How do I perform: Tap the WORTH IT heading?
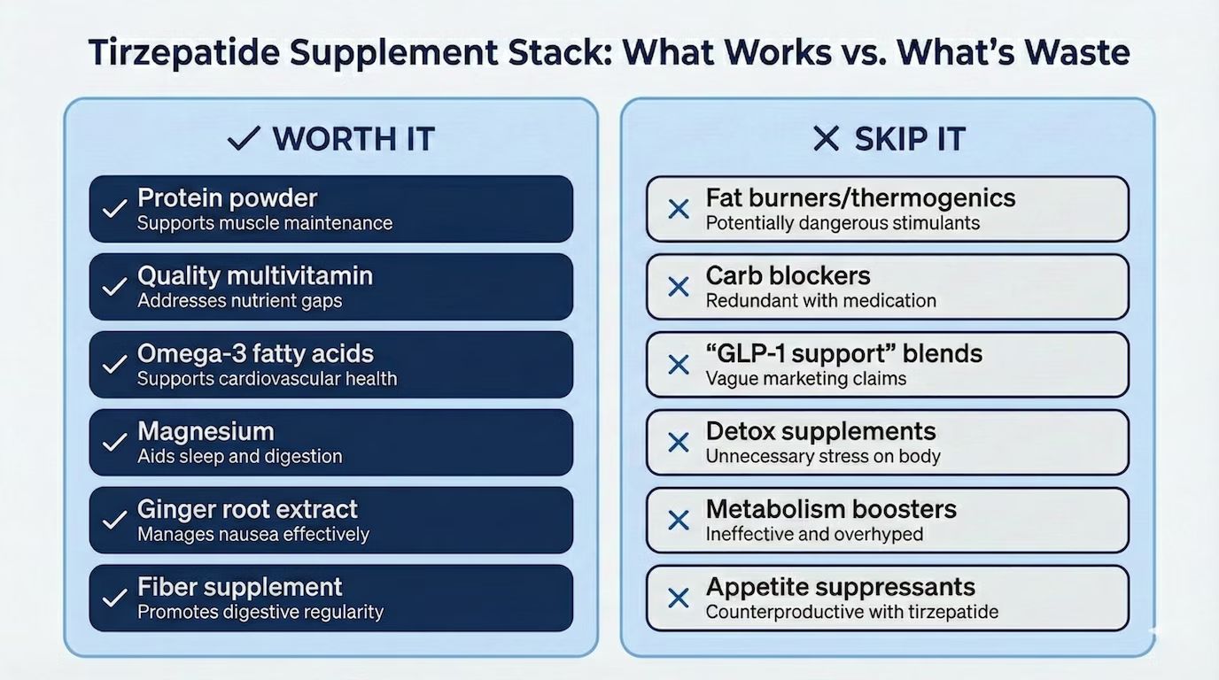[x=353, y=139]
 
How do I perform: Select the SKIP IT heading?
[x=910, y=139]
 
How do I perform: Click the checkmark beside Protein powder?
[x=114, y=210]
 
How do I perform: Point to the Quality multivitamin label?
[x=255, y=275]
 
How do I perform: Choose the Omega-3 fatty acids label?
[x=255, y=353]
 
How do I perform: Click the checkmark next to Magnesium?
[x=114, y=443]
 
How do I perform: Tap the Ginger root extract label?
[x=247, y=509]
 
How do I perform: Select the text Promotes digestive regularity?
[x=260, y=612]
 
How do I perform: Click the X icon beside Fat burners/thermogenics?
[x=679, y=210]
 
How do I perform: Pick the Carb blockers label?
[x=788, y=275]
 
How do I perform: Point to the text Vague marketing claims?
[x=805, y=379]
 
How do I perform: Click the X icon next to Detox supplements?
[x=679, y=443]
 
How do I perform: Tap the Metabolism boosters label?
[x=831, y=509]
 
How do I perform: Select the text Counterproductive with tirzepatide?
[x=851, y=612]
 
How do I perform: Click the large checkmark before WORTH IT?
[x=243, y=139]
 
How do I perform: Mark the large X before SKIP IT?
[x=826, y=139]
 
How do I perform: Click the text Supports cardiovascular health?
[x=267, y=379]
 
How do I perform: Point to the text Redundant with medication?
[x=820, y=301]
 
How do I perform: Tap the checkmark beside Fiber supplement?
[x=114, y=599]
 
